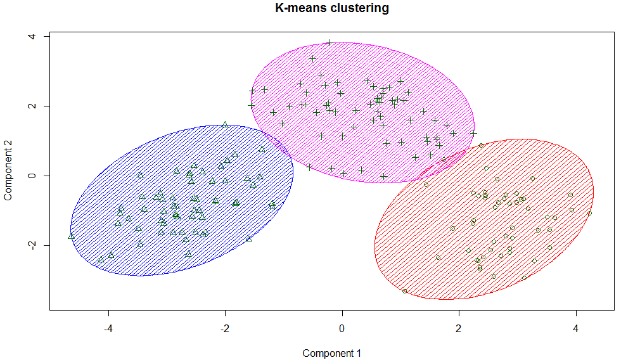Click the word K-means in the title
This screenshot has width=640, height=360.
click(297, 8)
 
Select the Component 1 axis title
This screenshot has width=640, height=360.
click(331, 353)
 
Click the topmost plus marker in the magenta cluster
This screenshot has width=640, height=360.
click(330, 43)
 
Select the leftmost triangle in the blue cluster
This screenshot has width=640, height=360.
click(71, 236)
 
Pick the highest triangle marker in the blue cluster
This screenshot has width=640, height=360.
click(225, 124)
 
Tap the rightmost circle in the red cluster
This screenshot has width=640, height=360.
click(589, 213)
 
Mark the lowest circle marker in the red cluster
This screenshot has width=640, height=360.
click(404, 291)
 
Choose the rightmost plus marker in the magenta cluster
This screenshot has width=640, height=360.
click(473, 134)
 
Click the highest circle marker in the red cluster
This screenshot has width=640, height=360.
click(481, 146)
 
